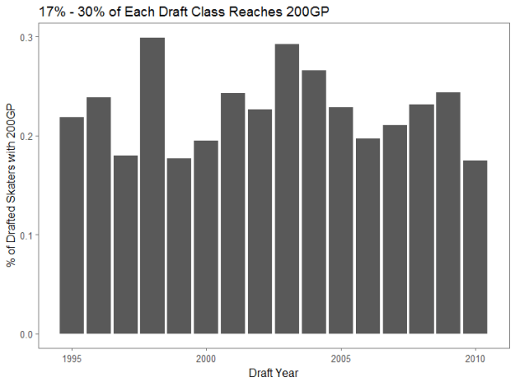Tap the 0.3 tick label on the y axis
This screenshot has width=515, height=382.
(28, 38)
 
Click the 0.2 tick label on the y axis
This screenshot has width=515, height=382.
(28, 137)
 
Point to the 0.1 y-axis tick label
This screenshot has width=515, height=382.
(28, 235)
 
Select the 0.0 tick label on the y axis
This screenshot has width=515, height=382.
(28, 334)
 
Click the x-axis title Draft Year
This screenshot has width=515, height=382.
(273, 373)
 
